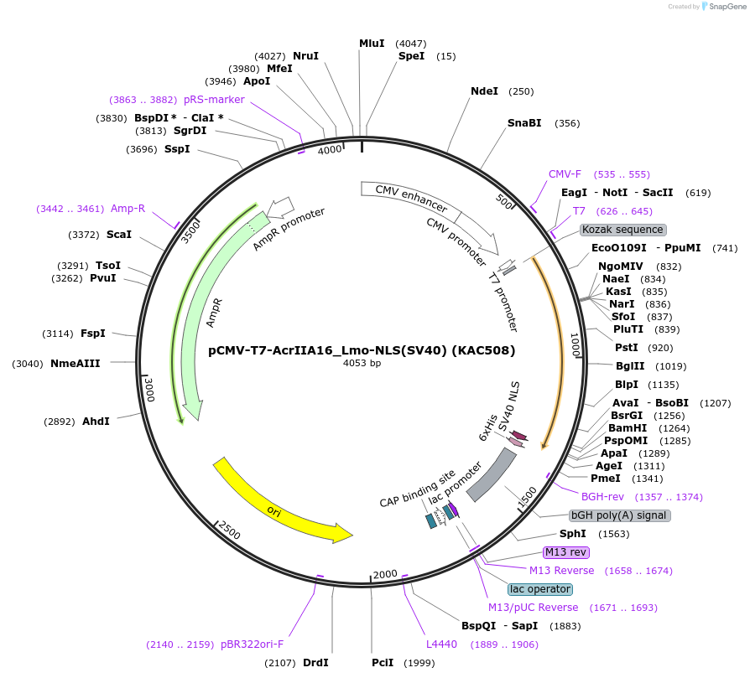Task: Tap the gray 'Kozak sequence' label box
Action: tap(622, 230)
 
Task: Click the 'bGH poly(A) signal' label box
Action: tap(619, 515)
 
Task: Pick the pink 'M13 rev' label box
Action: tap(566, 551)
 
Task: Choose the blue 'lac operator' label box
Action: tap(540, 589)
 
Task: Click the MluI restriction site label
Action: tap(372, 43)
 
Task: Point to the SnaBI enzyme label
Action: tap(524, 123)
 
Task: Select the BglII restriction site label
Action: tap(629, 366)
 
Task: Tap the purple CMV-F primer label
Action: tap(565, 174)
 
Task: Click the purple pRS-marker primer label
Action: tap(214, 99)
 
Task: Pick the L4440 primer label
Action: tap(441, 644)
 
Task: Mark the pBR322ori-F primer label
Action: tap(253, 644)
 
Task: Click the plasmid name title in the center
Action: tap(362, 350)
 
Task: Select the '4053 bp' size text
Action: tap(362, 364)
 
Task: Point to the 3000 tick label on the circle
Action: tap(149, 390)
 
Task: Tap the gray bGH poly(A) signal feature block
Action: tap(492, 474)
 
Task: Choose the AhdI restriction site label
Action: tap(96, 421)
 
